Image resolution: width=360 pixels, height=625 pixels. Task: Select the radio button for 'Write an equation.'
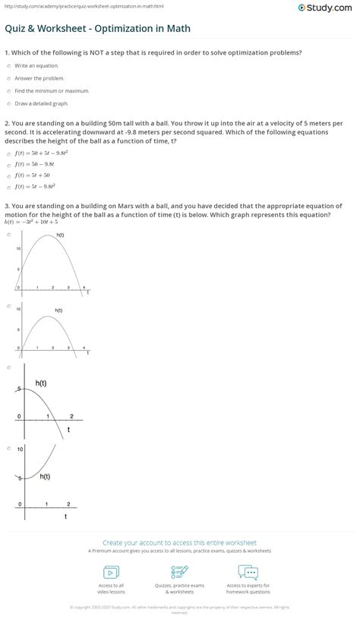[8, 66]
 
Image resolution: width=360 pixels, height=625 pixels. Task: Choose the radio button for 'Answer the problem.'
[8, 78]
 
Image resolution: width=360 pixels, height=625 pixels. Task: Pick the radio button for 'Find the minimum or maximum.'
[8, 90]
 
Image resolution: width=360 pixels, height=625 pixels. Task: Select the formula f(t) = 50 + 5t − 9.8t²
[39, 152]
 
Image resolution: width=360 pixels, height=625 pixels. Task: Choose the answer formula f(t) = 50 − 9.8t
[33, 163]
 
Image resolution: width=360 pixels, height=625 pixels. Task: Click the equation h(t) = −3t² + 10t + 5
[30, 221]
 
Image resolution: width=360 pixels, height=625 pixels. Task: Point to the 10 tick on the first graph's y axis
[17, 248]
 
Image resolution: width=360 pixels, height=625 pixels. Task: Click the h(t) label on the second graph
[58, 310]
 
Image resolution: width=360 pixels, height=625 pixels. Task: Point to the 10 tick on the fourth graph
[20, 450]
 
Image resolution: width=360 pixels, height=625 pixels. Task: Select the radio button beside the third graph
[8, 367]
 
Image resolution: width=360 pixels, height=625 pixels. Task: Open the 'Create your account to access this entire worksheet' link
[179, 543]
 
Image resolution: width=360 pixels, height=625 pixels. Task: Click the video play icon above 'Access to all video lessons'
[111, 573]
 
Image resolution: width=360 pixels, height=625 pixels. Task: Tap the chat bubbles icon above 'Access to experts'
[248, 573]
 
